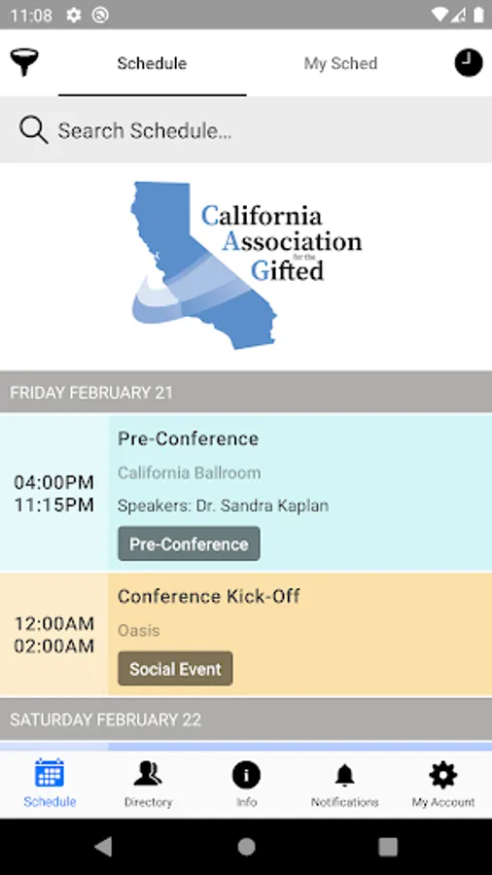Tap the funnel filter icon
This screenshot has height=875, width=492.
(24, 62)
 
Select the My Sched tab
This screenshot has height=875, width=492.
(340, 63)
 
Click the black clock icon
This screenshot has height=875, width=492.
(469, 62)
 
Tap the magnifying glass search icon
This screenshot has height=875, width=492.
(33, 130)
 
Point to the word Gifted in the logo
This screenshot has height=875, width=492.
(287, 270)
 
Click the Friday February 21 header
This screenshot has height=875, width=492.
(91, 393)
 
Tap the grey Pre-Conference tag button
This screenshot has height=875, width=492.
(189, 543)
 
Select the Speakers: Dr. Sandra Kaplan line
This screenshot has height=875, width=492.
(223, 506)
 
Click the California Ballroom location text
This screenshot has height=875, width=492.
(189, 472)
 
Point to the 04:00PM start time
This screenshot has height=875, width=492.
(54, 482)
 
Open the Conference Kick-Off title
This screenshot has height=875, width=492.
(209, 596)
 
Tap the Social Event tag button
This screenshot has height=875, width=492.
(175, 669)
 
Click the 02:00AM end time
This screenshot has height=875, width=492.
(54, 647)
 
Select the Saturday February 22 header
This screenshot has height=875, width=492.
(105, 719)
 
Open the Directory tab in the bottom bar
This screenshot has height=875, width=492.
(148, 784)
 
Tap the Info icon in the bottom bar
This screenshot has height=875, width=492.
(246, 775)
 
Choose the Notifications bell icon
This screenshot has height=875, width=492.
(345, 775)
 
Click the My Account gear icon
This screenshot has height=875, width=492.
(443, 775)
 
